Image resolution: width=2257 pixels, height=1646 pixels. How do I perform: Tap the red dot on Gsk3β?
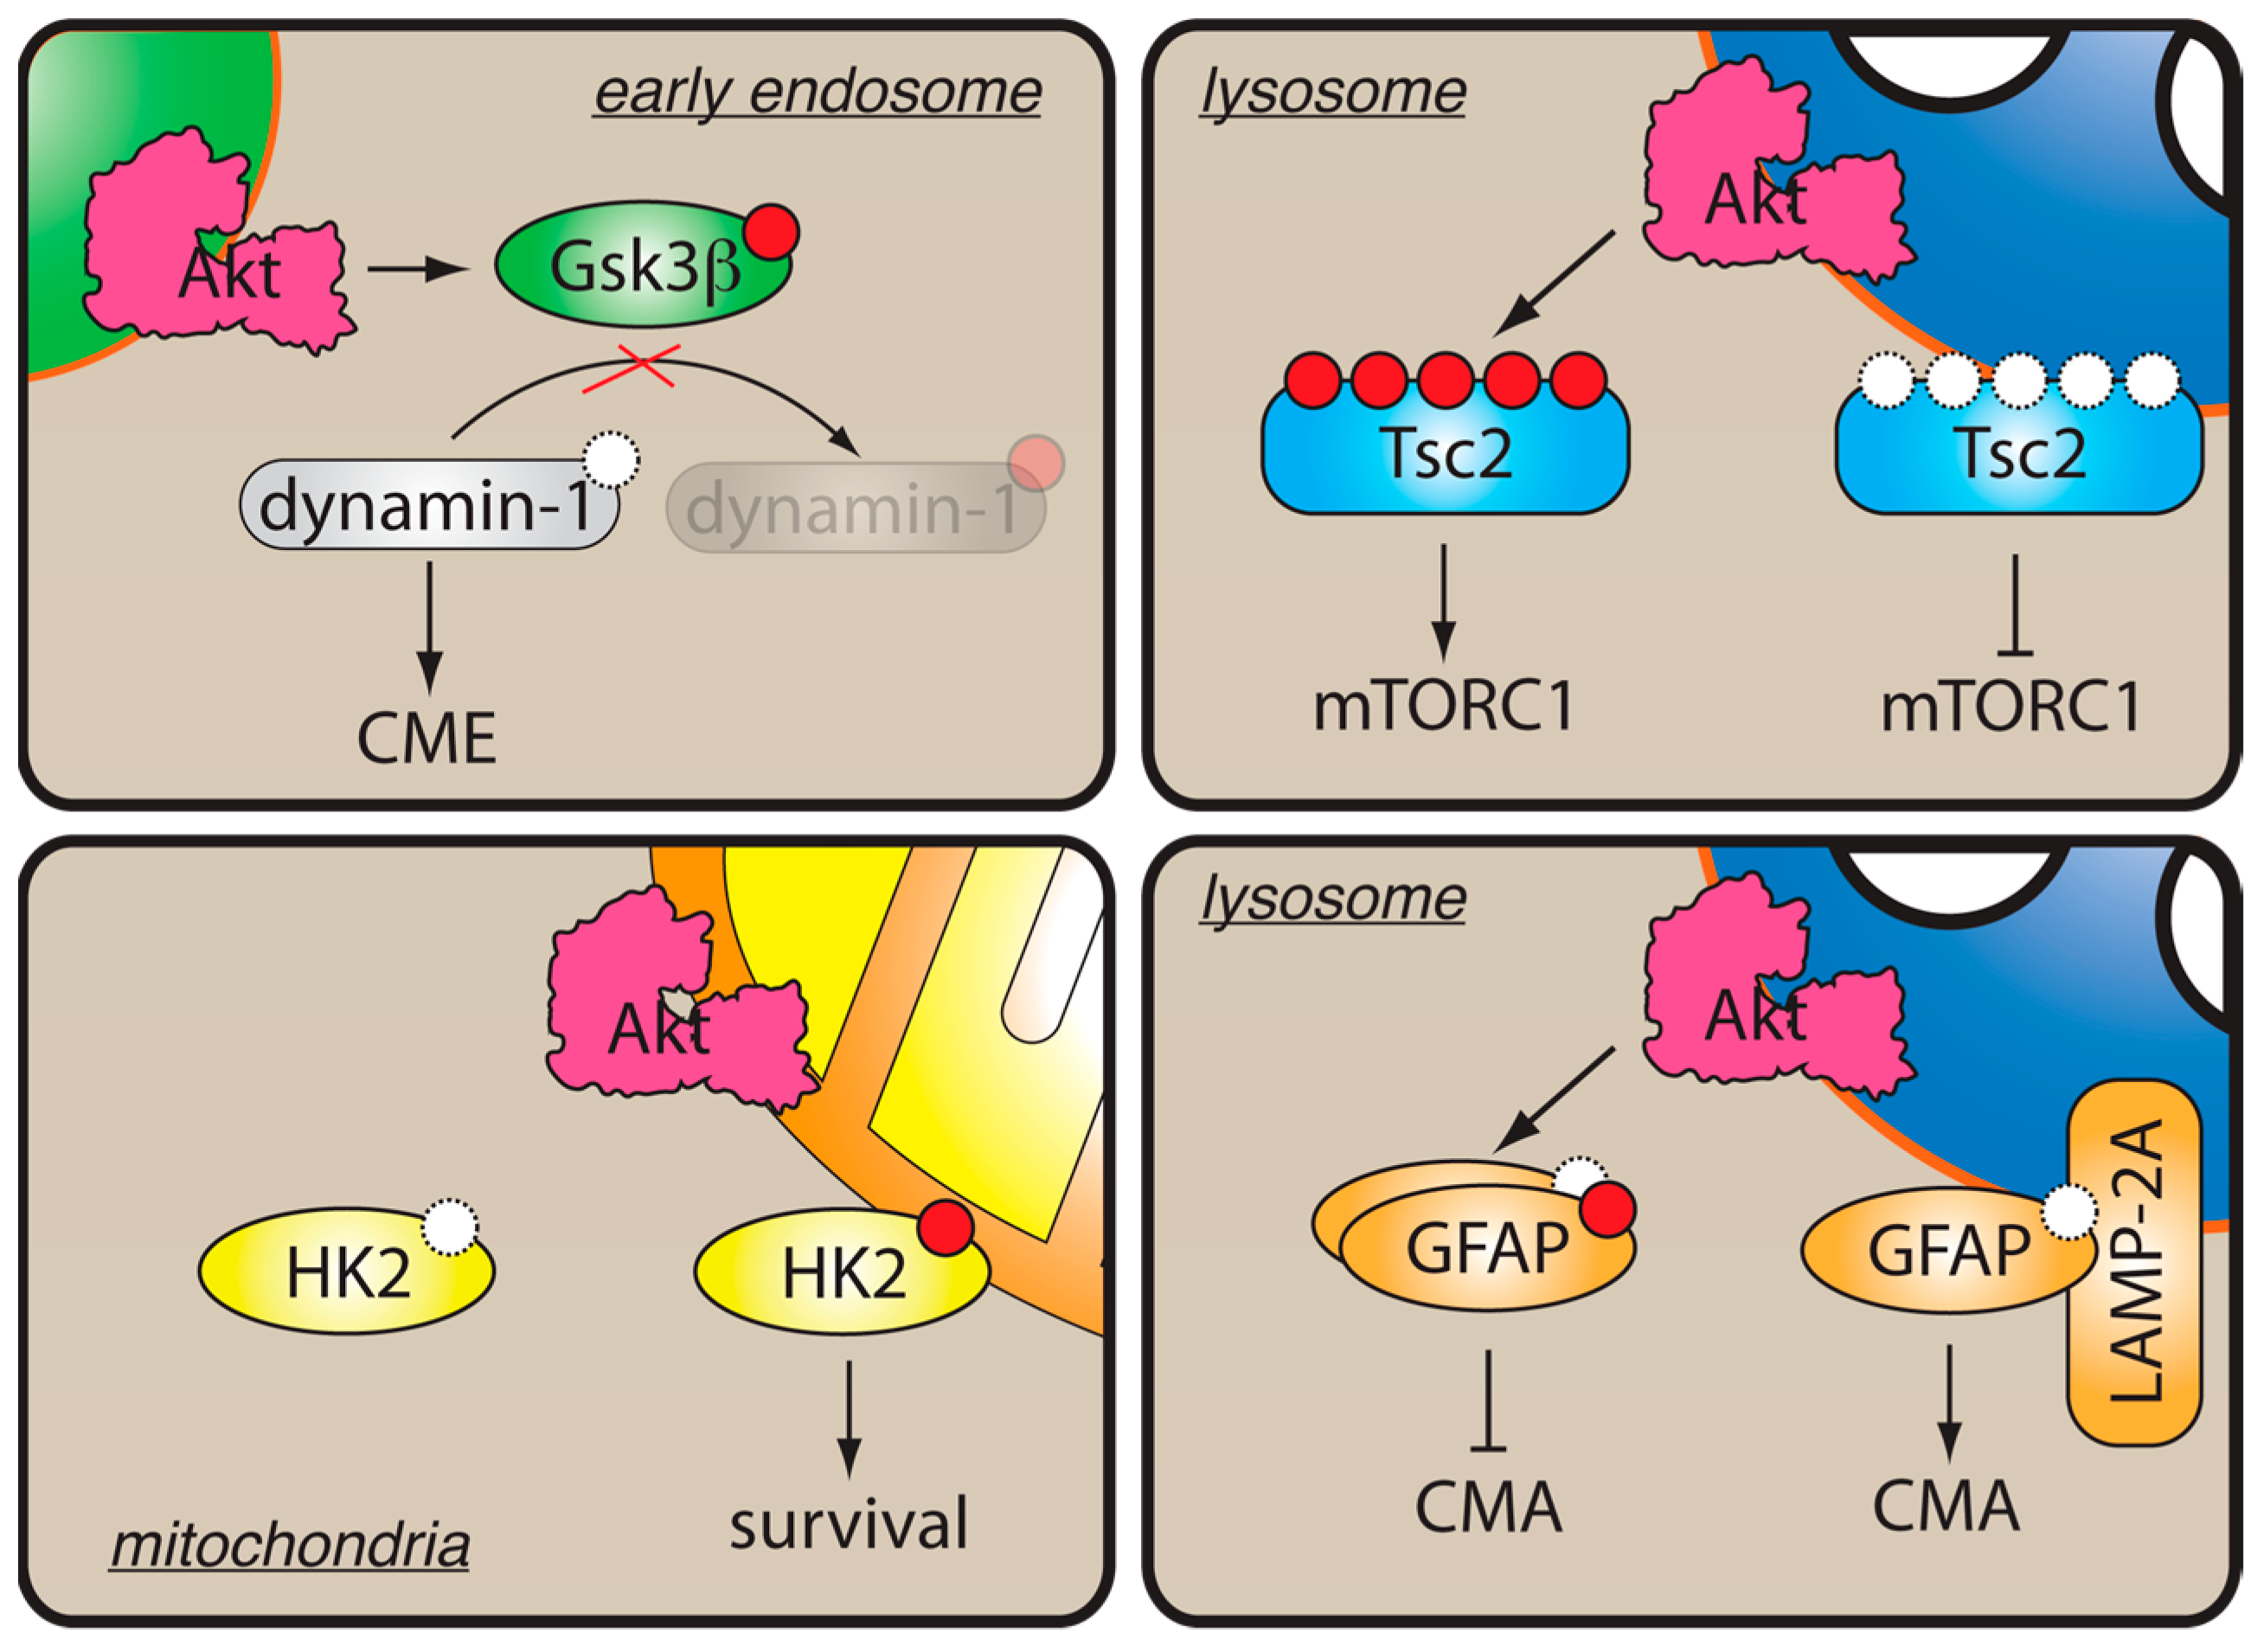[772, 232]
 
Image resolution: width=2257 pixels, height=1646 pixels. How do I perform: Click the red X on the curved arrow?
[632, 368]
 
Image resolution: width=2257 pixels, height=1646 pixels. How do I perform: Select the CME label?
[426, 740]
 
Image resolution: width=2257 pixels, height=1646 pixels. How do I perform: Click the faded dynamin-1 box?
[855, 507]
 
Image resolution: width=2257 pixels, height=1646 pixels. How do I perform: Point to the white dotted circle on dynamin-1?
[610, 459]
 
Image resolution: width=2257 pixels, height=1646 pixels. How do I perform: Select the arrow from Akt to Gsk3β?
[416, 268]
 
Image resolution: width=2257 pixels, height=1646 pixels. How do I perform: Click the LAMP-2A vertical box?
[2134, 1260]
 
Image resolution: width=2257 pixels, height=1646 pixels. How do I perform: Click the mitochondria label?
[289, 1546]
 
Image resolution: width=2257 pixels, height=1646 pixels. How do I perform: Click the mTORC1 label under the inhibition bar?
[2009, 708]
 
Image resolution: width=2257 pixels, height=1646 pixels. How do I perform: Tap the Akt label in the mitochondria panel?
[658, 1029]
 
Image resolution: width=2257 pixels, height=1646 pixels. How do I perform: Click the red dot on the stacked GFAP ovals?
[1607, 1209]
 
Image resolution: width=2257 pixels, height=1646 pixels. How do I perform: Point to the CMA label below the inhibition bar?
[1488, 1508]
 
